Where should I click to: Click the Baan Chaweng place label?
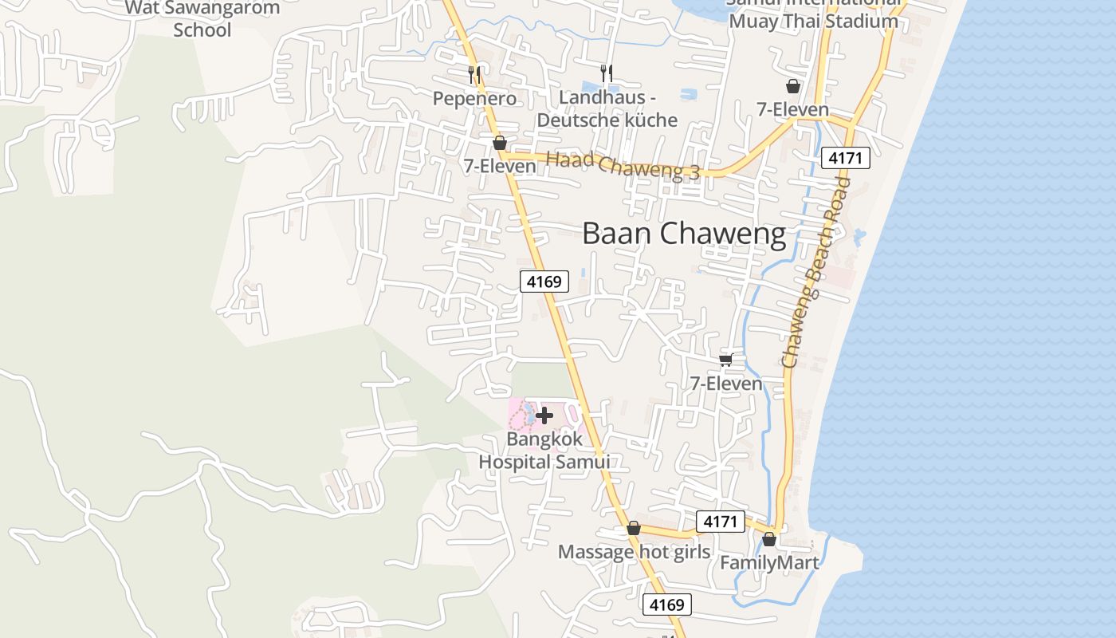click(x=684, y=234)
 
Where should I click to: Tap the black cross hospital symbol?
click(x=544, y=415)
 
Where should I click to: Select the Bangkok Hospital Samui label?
click(x=544, y=451)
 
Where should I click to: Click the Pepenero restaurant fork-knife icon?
click(x=474, y=76)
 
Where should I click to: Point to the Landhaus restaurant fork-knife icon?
click(x=607, y=73)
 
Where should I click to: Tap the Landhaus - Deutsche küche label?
click(x=607, y=109)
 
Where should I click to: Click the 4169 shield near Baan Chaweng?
click(x=544, y=281)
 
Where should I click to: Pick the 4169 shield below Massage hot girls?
click(x=666, y=605)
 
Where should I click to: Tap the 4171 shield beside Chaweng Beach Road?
click(x=845, y=158)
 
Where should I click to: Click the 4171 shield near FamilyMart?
click(x=720, y=522)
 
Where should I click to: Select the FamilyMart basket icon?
click(x=769, y=540)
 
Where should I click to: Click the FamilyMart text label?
click(x=768, y=563)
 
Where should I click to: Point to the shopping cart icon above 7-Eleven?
click(x=726, y=360)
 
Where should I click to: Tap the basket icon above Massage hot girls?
click(x=634, y=528)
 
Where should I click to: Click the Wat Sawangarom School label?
click(x=202, y=19)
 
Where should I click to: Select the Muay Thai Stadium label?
click(x=813, y=21)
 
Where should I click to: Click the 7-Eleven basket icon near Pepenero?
click(x=500, y=143)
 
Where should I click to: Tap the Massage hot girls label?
click(x=634, y=552)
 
